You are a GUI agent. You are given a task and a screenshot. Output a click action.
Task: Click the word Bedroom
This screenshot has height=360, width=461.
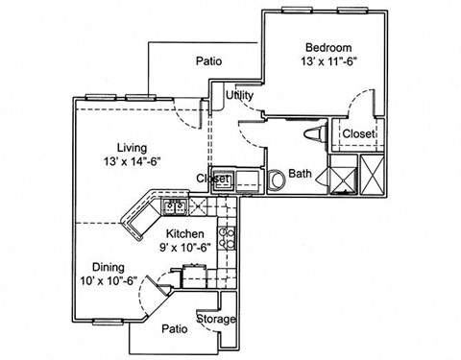coord(328,47)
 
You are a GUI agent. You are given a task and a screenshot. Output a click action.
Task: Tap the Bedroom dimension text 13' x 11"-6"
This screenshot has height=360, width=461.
coord(328,62)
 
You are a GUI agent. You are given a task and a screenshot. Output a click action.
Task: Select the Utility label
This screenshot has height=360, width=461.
coord(239,96)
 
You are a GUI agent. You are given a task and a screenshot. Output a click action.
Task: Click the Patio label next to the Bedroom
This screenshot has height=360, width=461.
coord(209,61)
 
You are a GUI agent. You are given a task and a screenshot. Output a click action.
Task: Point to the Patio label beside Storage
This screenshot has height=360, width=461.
coord(174,329)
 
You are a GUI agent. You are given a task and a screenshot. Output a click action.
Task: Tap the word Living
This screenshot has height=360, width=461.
coord(132,147)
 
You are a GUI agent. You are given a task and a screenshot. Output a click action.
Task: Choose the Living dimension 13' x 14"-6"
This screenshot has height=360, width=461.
coord(133,162)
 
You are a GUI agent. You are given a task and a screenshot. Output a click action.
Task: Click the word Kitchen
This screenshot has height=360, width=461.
coord(184,234)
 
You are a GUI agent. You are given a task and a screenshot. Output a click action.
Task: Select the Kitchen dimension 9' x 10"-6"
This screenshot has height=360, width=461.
coord(184,249)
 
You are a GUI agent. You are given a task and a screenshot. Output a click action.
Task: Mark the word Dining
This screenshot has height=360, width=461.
coord(109,267)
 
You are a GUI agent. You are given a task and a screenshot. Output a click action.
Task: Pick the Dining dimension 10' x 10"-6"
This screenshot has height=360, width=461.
coord(108,282)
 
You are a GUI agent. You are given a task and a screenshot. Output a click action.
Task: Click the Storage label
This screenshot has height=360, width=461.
coord(216,319)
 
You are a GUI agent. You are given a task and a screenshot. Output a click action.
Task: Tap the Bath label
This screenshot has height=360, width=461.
coord(301,175)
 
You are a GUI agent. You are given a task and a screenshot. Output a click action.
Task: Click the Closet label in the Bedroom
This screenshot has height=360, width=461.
coord(358,133)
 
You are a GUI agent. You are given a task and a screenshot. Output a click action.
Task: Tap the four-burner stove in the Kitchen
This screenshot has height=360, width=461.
coord(228,237)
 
